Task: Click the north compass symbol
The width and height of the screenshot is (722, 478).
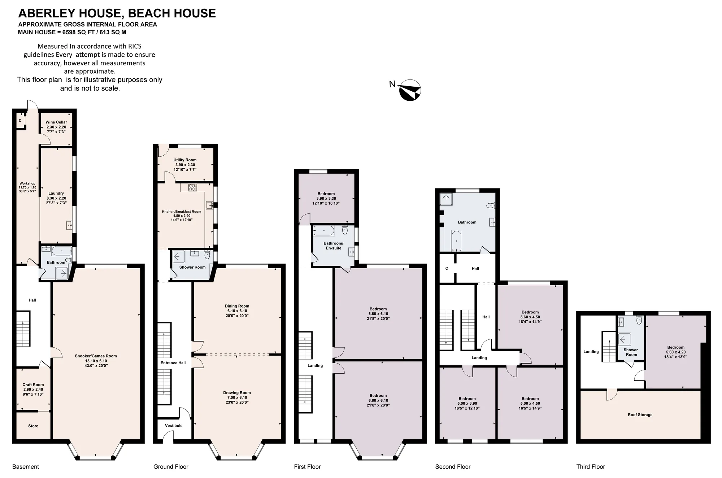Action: coord(410,90)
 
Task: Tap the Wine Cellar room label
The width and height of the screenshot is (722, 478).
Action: coord(56,127)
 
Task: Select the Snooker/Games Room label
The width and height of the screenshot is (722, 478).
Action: coord(96,361)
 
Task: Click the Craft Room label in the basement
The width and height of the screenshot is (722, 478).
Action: coord(33,390)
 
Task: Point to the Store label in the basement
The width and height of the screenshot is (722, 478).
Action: coord(33,426)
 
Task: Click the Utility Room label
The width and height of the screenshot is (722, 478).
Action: coord(185,165)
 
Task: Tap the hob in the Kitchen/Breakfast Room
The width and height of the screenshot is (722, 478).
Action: coord(193,187)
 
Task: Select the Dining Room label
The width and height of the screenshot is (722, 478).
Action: coord(237,311)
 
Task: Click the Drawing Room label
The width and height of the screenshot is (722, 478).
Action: coord(237,397)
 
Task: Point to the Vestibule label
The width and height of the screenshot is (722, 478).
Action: coord(174,426)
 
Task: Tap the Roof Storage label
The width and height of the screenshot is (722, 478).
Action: coord(640,415)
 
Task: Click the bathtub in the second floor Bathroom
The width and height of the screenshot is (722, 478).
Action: coord(456,241)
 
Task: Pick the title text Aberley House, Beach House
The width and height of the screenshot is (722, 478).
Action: coord(117,13)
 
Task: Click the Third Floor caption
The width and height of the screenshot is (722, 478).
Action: coord(591,467)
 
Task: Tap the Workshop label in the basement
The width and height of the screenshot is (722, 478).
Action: coord(27,188)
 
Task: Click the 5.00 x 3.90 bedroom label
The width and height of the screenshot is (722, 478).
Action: coord(467,404)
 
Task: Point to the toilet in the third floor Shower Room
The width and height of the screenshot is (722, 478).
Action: coord(639,320)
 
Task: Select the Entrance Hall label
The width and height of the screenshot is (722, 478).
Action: coord(173,363)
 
